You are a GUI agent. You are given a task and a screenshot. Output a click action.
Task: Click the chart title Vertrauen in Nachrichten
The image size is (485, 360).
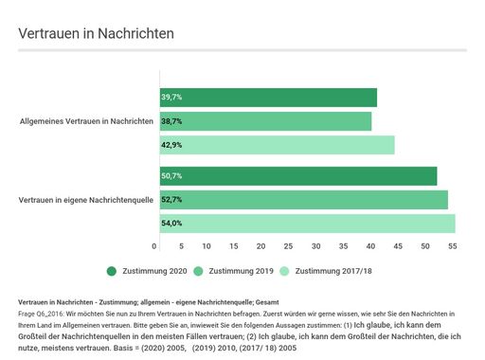(96, 33)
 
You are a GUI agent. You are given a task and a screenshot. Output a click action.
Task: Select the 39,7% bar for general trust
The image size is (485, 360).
(267, 98)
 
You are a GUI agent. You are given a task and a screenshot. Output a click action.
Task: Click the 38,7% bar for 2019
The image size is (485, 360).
(264, 121)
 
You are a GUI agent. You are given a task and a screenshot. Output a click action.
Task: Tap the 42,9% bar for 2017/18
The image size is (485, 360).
(276, 145)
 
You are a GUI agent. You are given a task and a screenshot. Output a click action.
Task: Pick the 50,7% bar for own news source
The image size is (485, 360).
(297, 176)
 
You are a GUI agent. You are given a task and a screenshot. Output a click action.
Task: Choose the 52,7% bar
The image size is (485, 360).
(303, 200)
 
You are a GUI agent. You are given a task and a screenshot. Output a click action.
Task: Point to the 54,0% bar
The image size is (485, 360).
(306, 224)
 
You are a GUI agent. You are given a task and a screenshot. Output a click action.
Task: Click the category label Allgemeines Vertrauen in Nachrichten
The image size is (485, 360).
(86, 121)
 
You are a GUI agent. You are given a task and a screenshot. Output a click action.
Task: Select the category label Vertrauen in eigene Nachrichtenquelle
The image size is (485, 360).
(86, 200)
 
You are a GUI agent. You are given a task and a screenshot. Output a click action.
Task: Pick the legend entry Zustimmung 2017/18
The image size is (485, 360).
(337, 272)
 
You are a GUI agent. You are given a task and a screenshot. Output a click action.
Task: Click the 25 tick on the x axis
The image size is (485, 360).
(292, 245)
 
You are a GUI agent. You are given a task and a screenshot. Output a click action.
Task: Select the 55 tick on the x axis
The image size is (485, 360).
(453, 245)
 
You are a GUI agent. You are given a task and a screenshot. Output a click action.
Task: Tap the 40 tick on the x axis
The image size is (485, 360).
(372, 245)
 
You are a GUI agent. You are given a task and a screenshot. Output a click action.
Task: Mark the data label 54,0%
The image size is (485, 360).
(171, 224)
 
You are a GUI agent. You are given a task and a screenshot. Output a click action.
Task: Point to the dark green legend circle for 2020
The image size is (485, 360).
(112, 272)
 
